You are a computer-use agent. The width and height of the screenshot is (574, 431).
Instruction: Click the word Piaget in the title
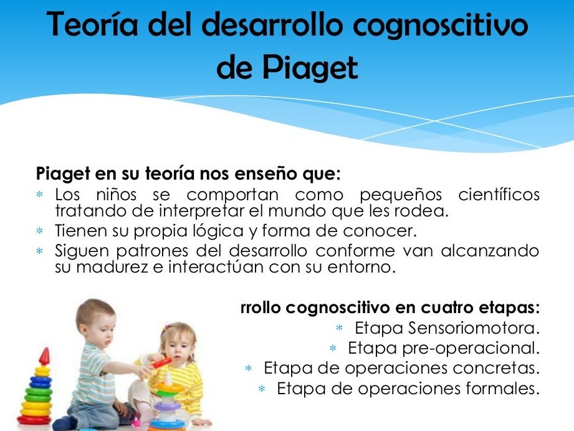pos(310,69)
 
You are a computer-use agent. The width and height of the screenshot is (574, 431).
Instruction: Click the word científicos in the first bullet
pos(499,194)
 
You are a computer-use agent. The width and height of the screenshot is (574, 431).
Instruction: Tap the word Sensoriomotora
pos(474,328)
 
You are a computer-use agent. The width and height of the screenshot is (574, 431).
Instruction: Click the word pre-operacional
pos(471,348)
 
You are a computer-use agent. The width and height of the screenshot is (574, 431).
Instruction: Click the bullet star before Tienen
pos(39,231)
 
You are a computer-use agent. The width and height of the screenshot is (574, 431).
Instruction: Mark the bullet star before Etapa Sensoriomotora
pos(339,328)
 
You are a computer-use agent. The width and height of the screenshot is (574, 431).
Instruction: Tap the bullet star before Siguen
pos(39,251)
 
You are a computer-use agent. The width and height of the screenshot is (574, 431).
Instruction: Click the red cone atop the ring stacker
pos(44,356)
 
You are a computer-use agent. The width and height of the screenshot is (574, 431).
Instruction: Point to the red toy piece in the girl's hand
pos(161,362)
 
